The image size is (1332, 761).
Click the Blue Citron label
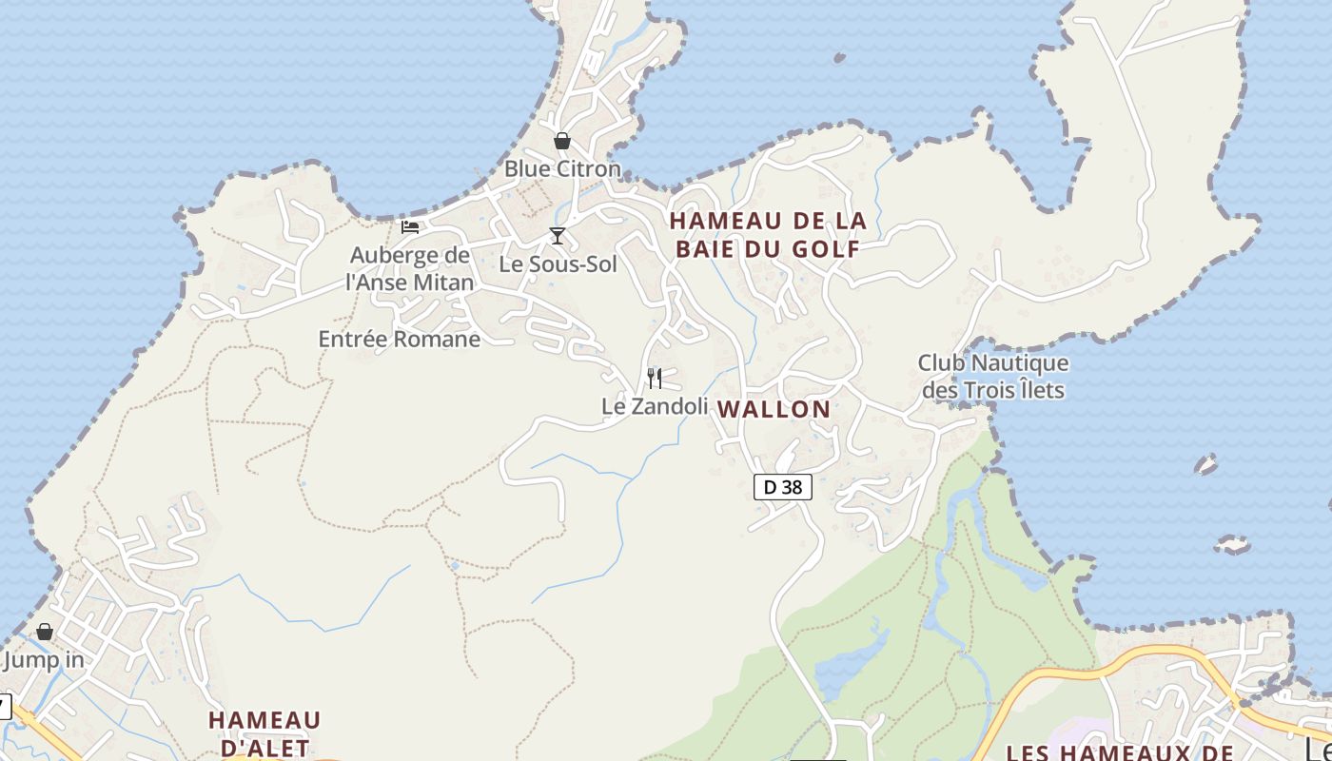[x=561, y=169]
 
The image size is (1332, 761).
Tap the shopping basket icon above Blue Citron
[x=562, y=141]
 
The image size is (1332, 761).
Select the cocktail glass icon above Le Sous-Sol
[x=558, y=235]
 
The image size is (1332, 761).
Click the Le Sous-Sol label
[x=558, y=264]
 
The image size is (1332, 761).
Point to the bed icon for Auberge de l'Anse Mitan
[x=410, y=226]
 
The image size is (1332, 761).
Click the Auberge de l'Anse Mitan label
[x=409, y=269]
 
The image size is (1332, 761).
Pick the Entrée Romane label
[x=399, y=339]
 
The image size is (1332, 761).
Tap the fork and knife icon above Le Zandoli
[x=655, y=379]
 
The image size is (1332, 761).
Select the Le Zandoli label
[x=655, y=406]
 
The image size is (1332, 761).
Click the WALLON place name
[x=774, y=409]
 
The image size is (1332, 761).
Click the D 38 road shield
[x=783, y=487]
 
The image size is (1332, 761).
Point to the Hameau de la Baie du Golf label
[x=768, y=235]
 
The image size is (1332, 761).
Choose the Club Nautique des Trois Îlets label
[x=992, y=377]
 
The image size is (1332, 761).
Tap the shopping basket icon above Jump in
[x=45, y=632]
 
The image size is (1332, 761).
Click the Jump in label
[x=44, y=659]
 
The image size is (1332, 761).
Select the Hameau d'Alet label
[x=264, y=733]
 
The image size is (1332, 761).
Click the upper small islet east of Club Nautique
[x=1205, y=465]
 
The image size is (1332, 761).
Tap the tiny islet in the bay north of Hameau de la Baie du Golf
[x=839, y=58]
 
